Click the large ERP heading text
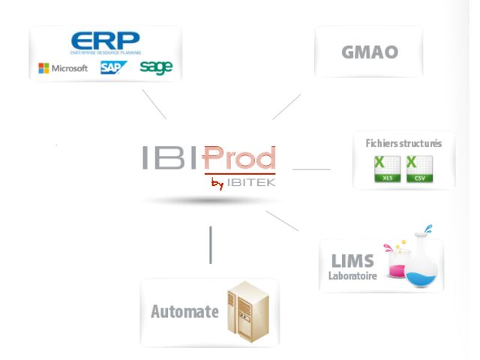pyautogui.click(x=104, y=41)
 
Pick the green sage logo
pyautogui.click(x=155, y=67)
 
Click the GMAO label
pyautogui.click(x=368, y=53)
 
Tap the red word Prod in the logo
pyautogui.click(x=239, y=158)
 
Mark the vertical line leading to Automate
pyautogui.click(x=211, y=244)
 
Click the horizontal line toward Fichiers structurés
pyautogui.click(x=311, y=169)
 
